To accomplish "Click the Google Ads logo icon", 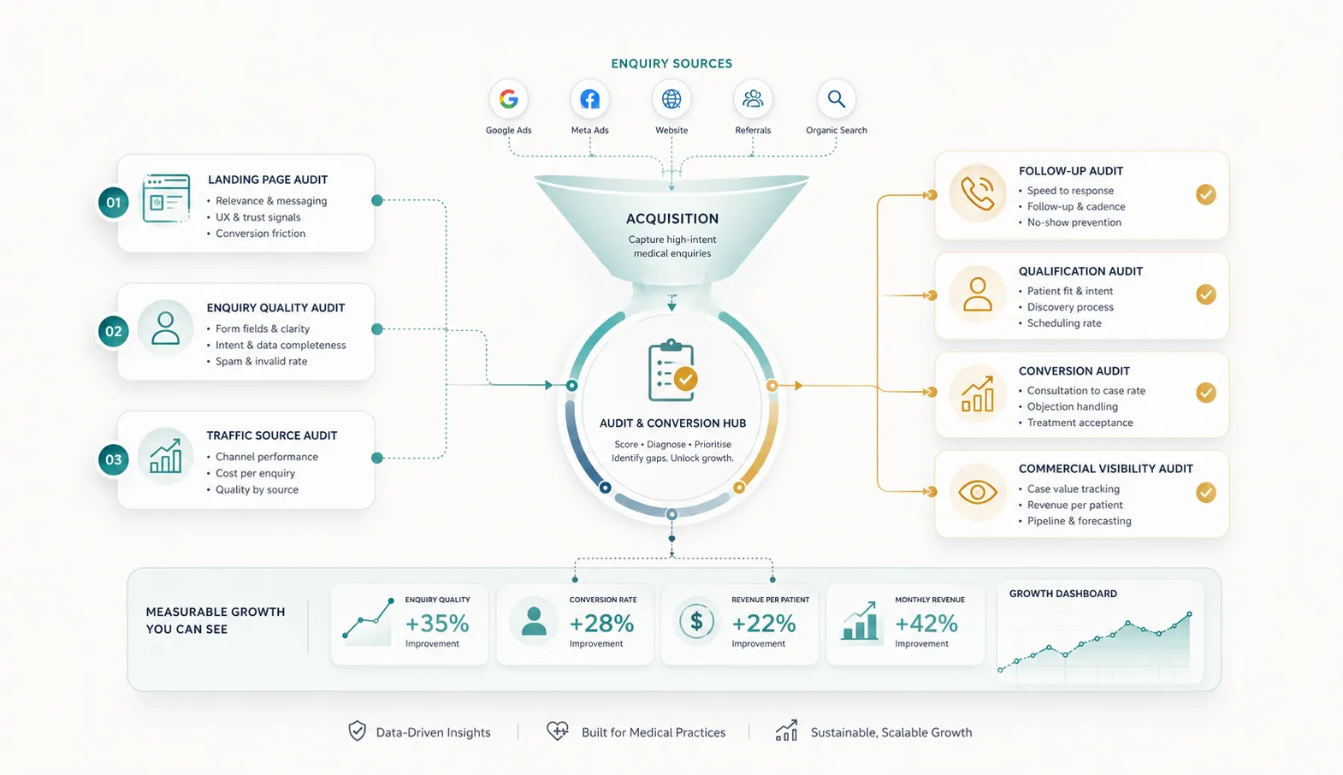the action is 508,99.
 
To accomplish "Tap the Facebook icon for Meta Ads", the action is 590,99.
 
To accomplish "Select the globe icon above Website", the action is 671,99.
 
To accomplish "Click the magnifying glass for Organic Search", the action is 837,99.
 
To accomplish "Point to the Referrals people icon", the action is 753,99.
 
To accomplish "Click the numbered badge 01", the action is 113,203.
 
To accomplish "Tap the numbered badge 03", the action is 113,459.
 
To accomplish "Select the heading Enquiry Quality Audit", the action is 275,307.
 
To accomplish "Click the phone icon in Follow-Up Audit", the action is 978,193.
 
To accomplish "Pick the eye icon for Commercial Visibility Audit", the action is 978,492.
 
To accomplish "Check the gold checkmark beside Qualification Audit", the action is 1205,294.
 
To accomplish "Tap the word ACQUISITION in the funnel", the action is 672,219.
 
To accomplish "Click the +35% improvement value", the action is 437,624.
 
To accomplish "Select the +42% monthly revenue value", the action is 926,624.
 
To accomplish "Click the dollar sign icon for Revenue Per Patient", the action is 696,621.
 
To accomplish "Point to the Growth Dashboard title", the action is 1063,594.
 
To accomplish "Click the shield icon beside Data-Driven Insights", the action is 358,731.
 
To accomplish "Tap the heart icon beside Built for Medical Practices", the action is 558,731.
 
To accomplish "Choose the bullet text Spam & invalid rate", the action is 262,361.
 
